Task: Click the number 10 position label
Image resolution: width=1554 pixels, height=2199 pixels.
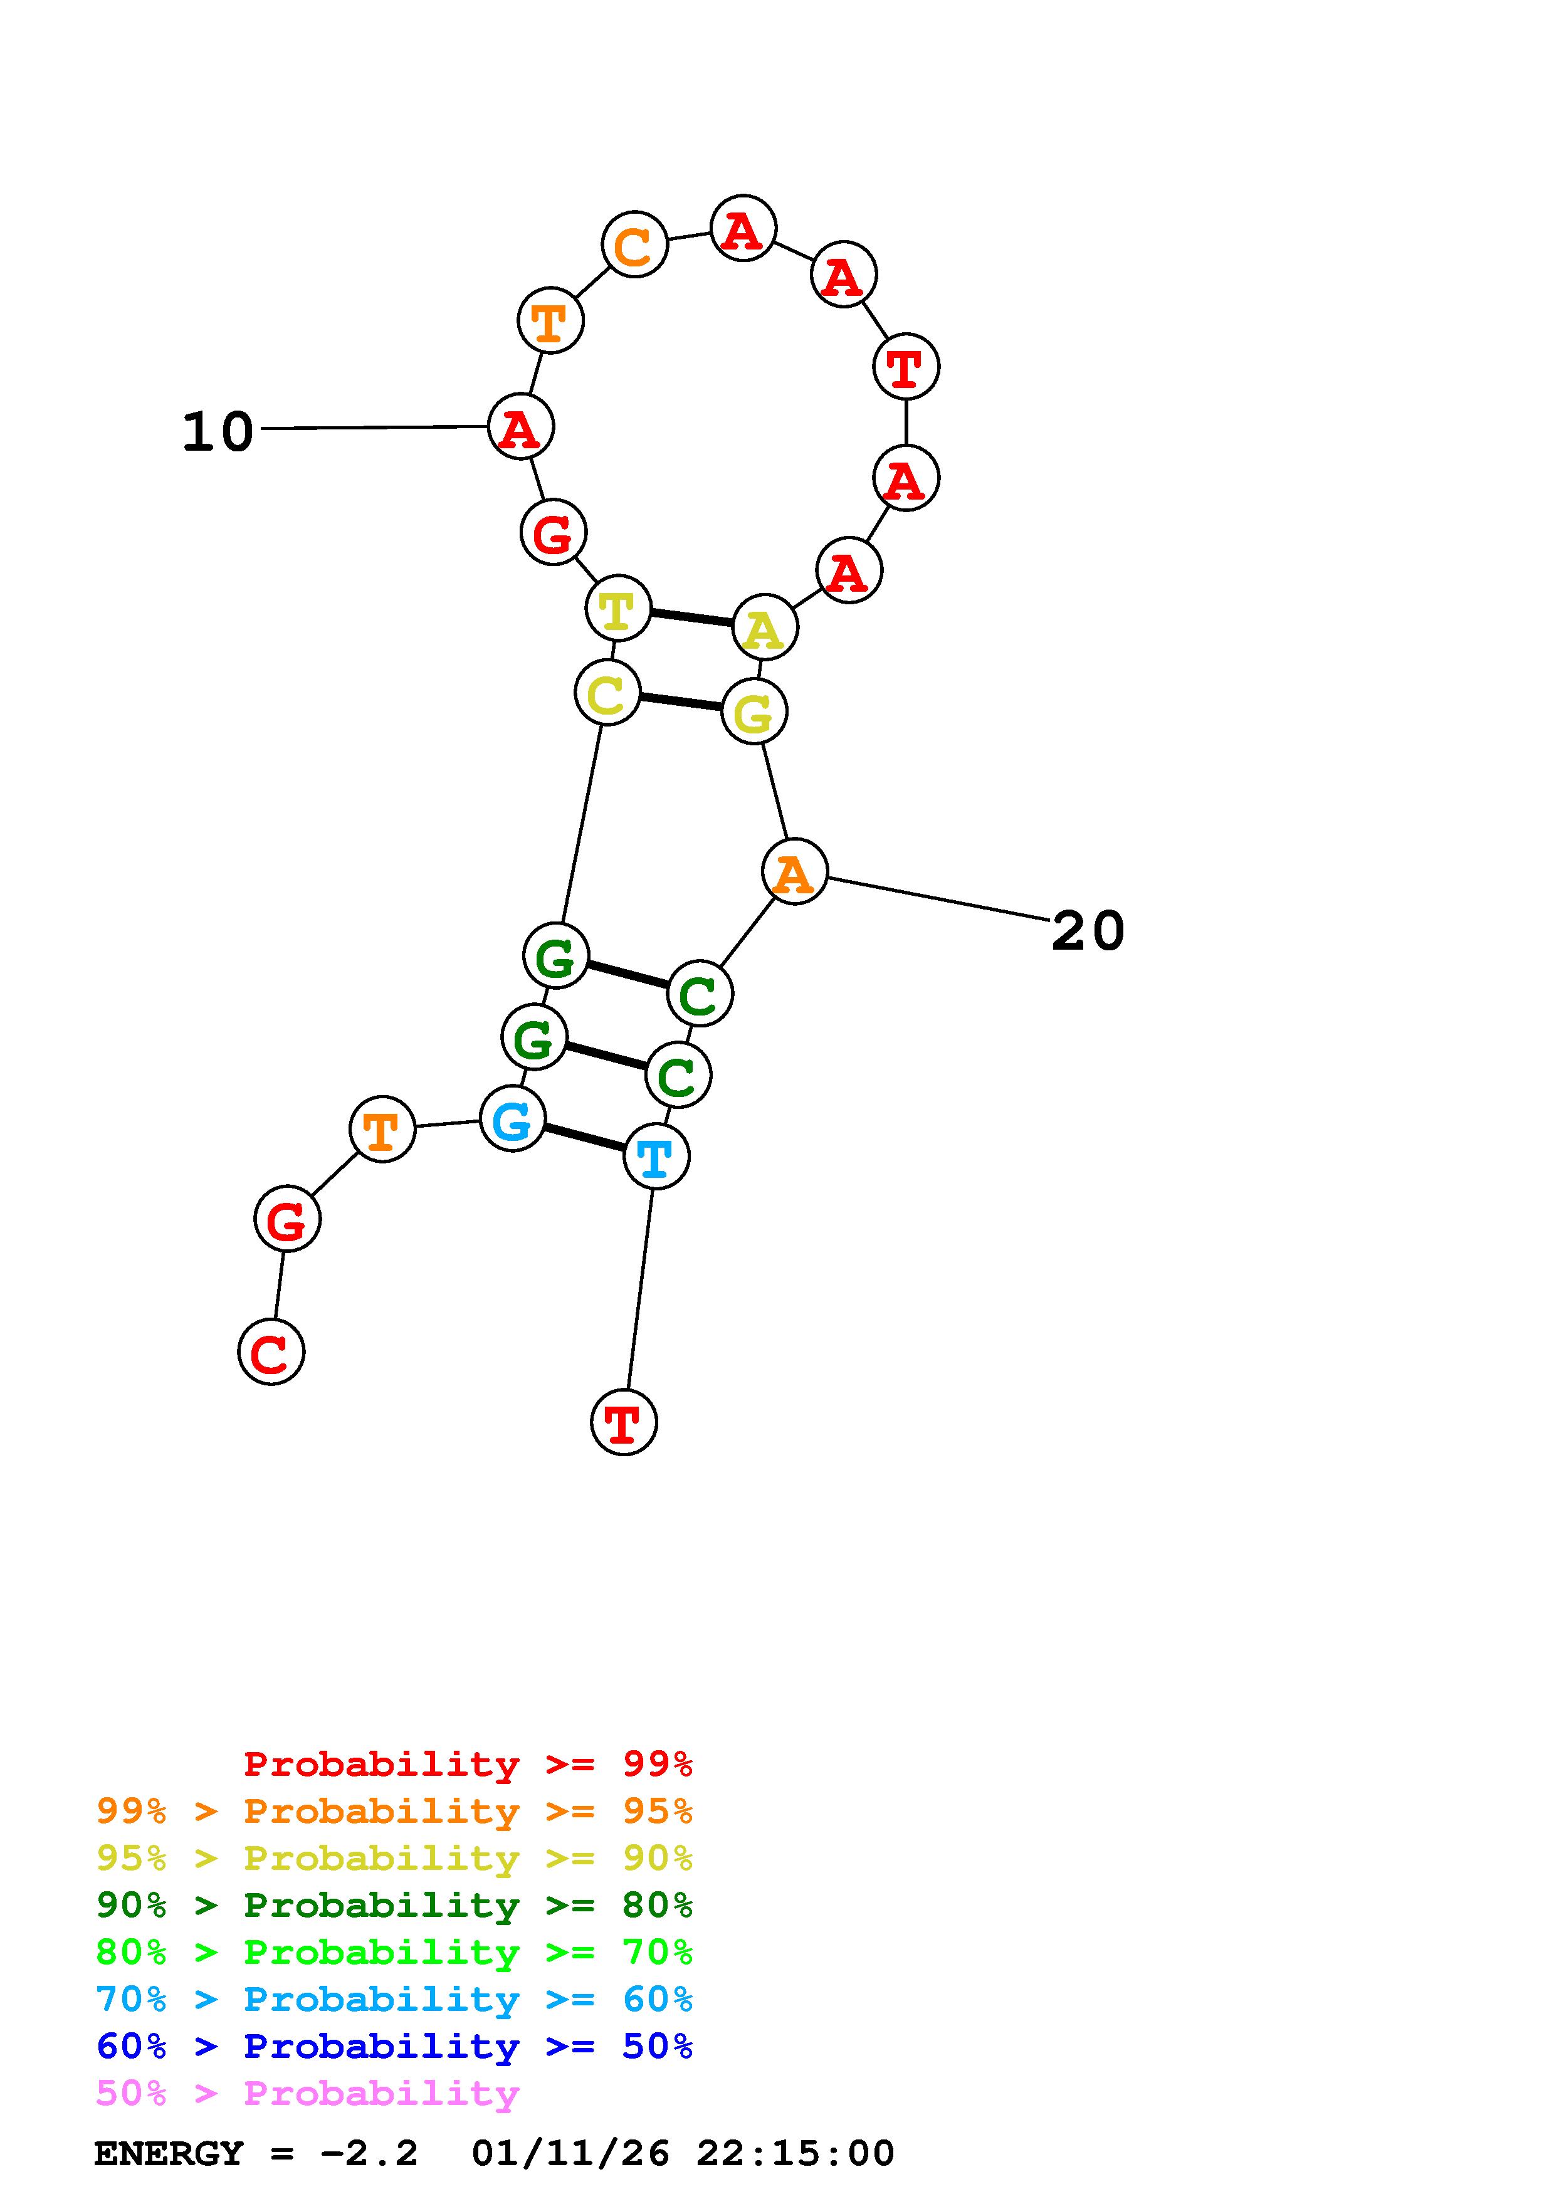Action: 218,432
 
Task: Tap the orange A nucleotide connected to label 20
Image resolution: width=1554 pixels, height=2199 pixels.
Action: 794,871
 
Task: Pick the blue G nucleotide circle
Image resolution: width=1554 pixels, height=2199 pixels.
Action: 512,1119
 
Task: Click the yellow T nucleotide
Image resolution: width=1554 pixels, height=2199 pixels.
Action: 617,608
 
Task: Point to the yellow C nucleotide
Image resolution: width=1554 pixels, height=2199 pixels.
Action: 607,693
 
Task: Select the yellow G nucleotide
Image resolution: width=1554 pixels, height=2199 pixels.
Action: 753,711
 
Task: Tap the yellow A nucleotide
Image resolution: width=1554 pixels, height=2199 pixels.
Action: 764,627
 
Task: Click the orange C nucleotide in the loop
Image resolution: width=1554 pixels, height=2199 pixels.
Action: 634,245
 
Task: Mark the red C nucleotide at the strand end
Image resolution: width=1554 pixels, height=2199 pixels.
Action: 271,1351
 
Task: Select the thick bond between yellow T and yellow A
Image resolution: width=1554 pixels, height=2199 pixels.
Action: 690,617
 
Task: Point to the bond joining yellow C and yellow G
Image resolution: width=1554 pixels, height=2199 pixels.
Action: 680,702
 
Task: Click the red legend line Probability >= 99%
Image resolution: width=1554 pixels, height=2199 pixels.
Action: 467,1764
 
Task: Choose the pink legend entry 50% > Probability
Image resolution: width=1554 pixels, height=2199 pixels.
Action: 307,2094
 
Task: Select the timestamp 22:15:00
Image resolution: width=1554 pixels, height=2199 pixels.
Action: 795,2154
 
